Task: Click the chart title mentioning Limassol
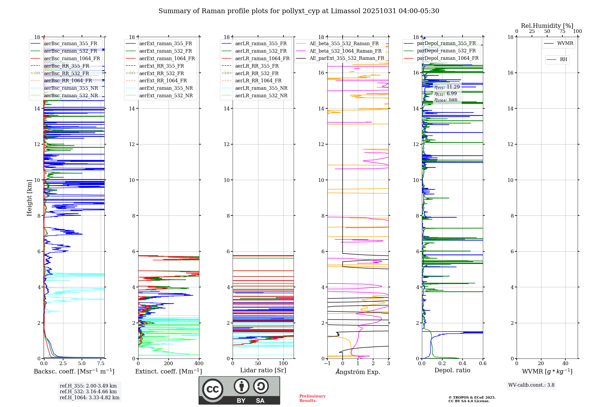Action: [x=299, y=11]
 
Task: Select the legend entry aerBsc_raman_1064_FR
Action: [x=72, y=59]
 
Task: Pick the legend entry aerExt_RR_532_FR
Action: [x=161, y=74]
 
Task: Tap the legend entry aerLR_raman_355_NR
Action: [x=261, y=88]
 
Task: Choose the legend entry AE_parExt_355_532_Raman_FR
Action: [x=347, y=58]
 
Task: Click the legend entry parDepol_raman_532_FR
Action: [x=446, y=51]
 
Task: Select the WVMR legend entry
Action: [x=565, y=44]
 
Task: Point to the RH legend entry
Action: [x=563, y=60]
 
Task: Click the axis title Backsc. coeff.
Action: [x=74, y=371]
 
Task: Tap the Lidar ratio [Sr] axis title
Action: [x=263, y=370]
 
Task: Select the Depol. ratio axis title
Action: [x=452, y=370]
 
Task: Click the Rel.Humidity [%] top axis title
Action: [x=547, y=26]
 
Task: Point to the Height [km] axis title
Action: [x=29, y=198]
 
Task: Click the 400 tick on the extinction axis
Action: [x=199, y=364]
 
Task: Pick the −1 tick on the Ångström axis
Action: [x=327, y=364]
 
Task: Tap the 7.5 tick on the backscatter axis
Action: [x=101, y=364]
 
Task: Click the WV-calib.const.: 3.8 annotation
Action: [x=531, y=385]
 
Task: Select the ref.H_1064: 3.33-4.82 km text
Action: [x=89, y=398]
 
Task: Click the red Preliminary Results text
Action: [x=312, y=398]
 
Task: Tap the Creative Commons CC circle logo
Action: [x=213, y=389]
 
